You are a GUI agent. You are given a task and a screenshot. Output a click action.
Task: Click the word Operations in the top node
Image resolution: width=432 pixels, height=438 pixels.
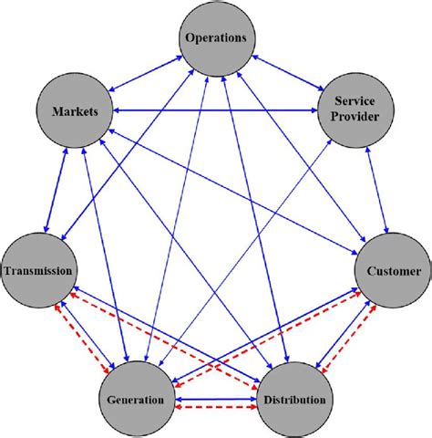(x=217, y=38)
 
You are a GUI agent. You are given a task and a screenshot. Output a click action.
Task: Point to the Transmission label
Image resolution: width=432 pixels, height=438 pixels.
(x=37, y=271)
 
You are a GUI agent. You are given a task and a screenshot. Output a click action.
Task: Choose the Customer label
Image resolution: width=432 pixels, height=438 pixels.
(x=394, y=271)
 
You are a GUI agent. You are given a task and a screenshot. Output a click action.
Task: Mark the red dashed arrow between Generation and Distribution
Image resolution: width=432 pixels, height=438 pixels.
(x=216, y=408)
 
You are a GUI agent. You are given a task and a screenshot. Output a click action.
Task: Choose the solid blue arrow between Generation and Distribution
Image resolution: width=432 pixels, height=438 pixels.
(x=216, y=394)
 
